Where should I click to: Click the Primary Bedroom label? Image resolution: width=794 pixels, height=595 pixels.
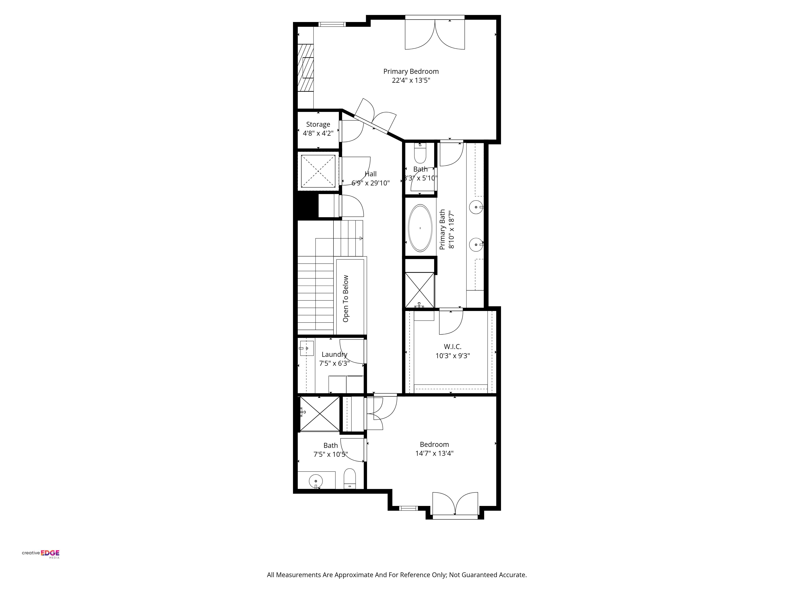coord(411,71)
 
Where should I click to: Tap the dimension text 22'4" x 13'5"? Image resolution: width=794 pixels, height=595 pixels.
coord(411,80)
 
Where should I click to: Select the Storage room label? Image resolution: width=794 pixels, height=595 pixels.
coord(318,124)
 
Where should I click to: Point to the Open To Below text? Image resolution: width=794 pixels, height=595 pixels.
coord(346,298)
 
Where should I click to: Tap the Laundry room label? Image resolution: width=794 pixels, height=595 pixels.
coord(334,354)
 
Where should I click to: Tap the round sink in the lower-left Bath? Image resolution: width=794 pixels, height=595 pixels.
coord(316,481)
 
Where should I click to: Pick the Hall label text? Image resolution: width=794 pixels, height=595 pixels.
coord(370,174)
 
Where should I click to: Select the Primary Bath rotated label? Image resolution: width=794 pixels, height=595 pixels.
coord(443,229)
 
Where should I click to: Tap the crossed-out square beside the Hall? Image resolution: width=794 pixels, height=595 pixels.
coord(318,171)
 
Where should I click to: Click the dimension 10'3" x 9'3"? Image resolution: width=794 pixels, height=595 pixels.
coord(453,356)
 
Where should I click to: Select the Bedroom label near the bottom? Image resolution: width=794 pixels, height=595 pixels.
coord(434,444)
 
